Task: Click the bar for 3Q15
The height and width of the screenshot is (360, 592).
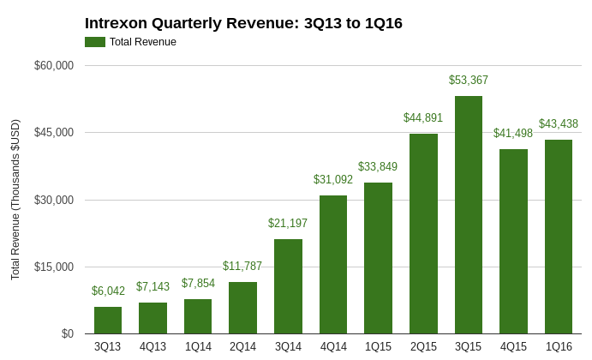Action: (x=469, y=214)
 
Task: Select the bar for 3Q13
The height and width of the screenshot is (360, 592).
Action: (x=108, y=321)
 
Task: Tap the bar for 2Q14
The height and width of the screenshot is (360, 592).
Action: (x=242, y=308)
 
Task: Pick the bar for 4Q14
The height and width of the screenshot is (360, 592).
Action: (x=333, y=265)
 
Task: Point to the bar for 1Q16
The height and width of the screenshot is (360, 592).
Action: (x=559, y=237)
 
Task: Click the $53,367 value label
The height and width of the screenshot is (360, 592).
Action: (x=469, y=81)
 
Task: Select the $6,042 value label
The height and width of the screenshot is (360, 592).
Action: (x=108, y=291)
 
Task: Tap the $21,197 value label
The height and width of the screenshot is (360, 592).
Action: (x=288, y=224)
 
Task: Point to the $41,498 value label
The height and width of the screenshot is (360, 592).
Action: (x=513, y=134)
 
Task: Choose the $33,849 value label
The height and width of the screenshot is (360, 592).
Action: (x=378, y=167)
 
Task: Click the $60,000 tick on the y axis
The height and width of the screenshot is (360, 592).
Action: (x=54, y=66)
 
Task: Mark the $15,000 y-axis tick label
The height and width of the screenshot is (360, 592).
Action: (x=54, y=267)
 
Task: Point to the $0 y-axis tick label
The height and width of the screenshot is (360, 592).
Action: (x=67, y=334)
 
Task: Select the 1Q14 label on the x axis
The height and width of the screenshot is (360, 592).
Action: (x=198, y=347)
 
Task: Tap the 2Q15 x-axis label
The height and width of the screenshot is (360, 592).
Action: (x=423, y=347)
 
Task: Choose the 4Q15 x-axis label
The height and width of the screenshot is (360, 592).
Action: (x=513, y=347)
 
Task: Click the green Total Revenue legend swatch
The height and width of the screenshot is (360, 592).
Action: (x=94, y=42)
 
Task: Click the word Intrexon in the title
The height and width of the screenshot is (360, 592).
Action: (x=119, y=23)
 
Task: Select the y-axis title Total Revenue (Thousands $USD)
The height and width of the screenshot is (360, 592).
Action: (x=15, y=200)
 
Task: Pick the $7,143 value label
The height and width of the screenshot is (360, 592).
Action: (x=152, y=287)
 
